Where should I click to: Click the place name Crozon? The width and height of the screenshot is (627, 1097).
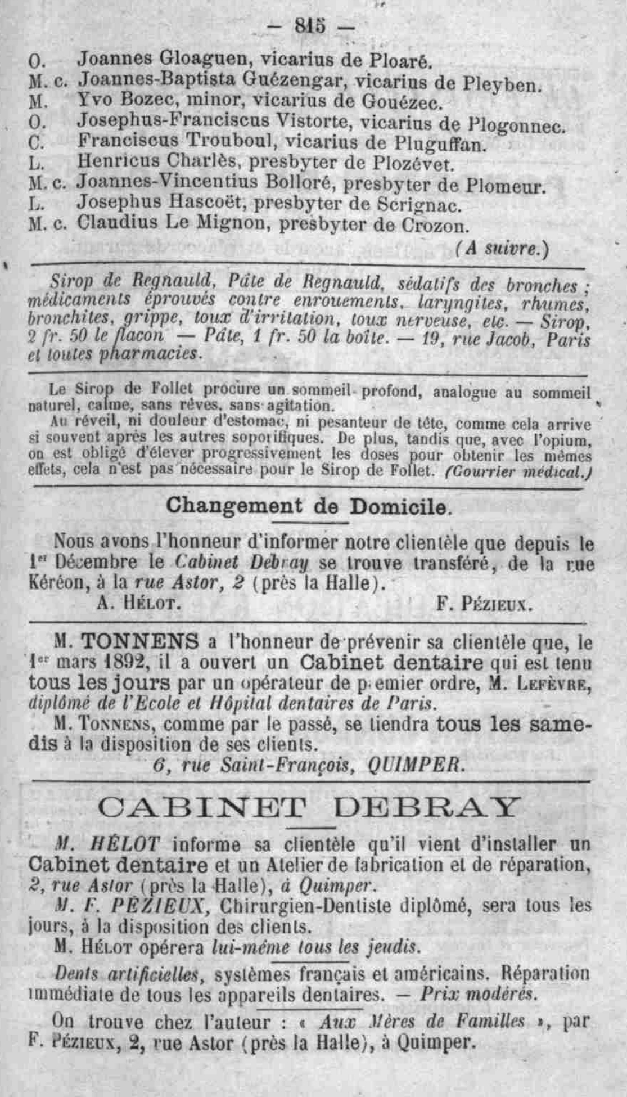click(434, 226)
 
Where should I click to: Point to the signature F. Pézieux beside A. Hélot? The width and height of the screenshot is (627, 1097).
click(484, 604)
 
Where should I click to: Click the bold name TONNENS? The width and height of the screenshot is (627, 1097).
click(140, 642)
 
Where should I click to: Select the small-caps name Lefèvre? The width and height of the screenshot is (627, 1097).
click(548, 684)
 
